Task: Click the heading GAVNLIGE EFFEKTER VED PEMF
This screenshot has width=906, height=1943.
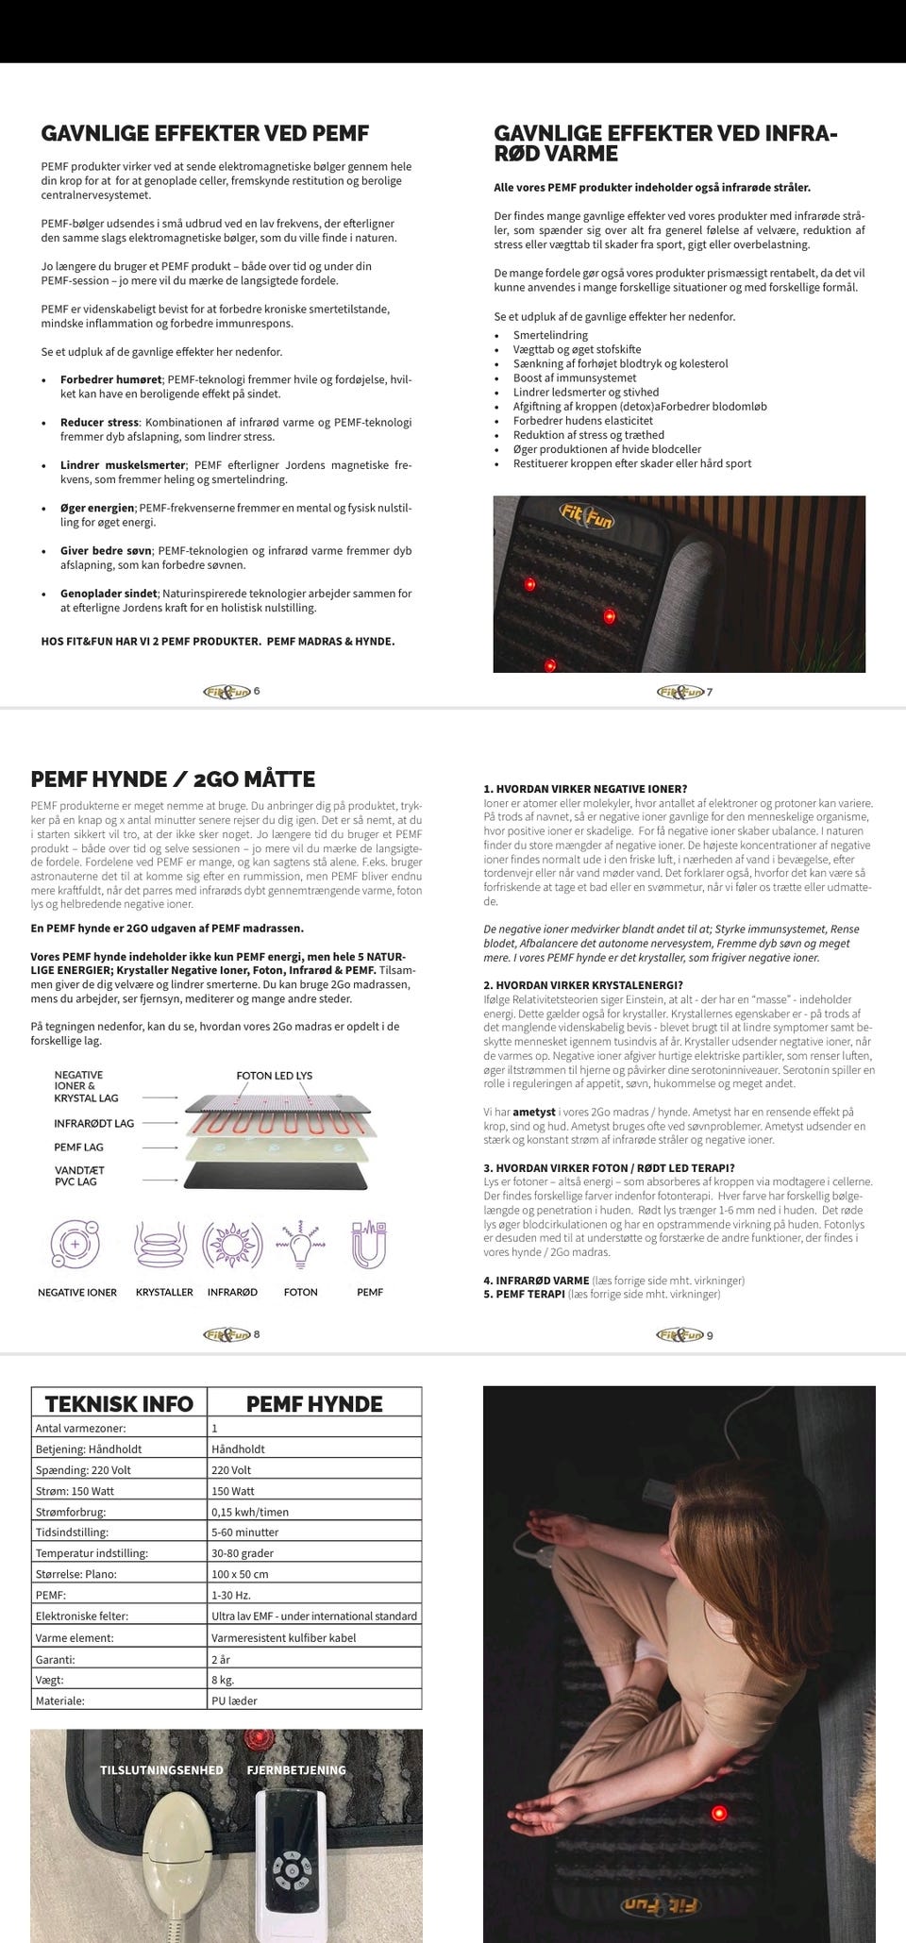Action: click(205, 133)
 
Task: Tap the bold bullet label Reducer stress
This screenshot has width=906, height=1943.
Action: click(99, 422)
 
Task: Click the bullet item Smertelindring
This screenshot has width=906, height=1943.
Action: click(550, 335)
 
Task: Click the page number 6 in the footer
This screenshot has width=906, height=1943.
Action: click(257, 691)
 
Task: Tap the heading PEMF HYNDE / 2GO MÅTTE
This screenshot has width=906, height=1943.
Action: click(173, 779)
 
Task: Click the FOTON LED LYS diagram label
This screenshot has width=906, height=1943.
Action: click(274, 1075)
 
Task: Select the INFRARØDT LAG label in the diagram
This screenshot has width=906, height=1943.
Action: click(93, 1123)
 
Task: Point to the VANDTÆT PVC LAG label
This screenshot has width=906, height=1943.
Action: click(79, 1176)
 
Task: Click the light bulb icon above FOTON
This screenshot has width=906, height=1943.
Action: click(301, 1245)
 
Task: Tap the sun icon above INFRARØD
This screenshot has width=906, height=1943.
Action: click(226, 1245)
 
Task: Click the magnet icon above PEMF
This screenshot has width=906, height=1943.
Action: click(370, 1245)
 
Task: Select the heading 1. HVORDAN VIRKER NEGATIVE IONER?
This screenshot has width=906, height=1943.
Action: click(585, 789)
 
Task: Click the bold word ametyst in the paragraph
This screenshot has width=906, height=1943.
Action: click(534, 1112)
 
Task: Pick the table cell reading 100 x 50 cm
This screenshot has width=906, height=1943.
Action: click(240, 1573)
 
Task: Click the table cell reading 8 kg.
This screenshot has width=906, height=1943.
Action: click(223, 1680)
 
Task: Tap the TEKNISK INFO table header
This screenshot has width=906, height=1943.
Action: click(119, 1403)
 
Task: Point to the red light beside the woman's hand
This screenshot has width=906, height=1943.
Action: click(719, 1813)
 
